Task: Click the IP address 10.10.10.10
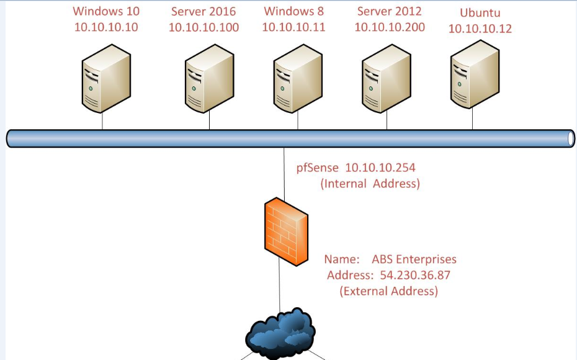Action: click(106, 27)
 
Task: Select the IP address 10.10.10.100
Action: click(204, 27)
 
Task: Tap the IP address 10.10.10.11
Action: click(293, 27)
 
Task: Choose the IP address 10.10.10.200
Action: click(390, 27)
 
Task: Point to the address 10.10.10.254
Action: click(380, 168)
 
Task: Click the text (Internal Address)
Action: click(370, 184)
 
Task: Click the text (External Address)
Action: click(389, 291)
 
